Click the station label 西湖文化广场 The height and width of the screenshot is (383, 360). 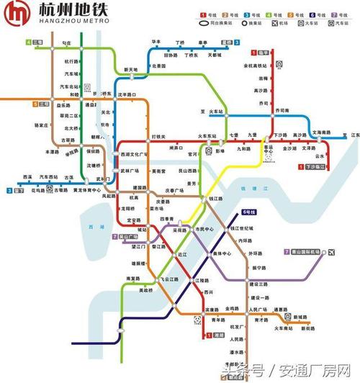pyautogui.click(x=135, y=154)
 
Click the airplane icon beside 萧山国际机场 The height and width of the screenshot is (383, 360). pyautogui.click(x=332, y=252)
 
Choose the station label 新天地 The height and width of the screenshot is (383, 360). pyautogui.click(x=132, y=69)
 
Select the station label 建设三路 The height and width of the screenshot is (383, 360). pyautogui.click(x=257, y=285)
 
